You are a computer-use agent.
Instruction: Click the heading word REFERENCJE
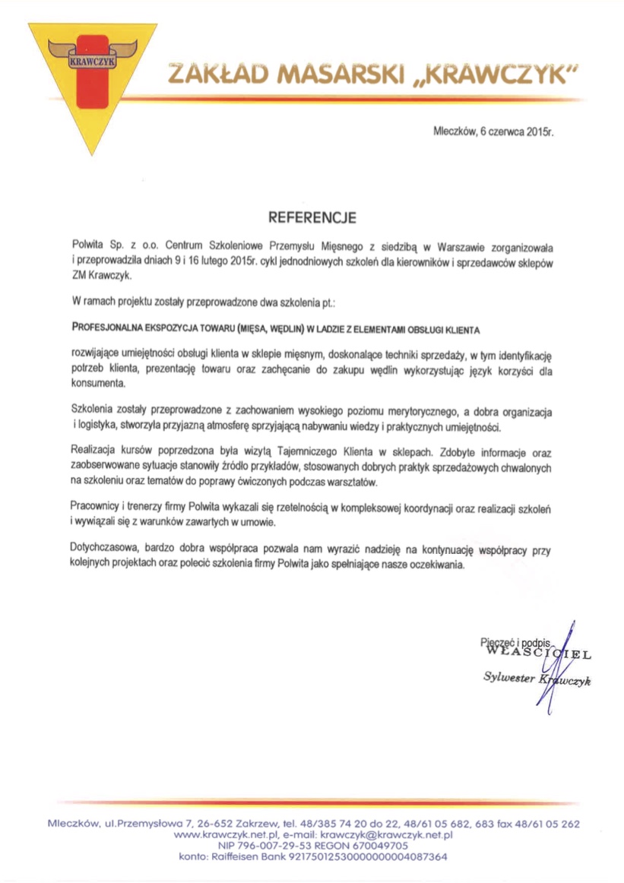click(x=312, y=219)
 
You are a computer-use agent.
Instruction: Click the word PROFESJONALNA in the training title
click(x=109, y=331)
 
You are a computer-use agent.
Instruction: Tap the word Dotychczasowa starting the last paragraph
click(x=103, y=550)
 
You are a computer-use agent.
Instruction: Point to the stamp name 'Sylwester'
click(x=508, y=677)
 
